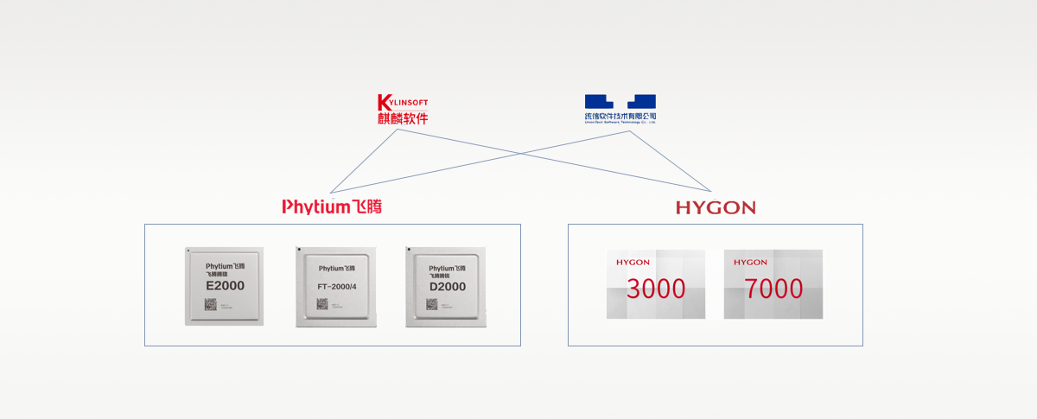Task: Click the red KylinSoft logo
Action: click(403, 103)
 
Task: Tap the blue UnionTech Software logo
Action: click(620, 102)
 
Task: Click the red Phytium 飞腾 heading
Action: click(332, 206)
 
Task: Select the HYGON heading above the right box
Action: click(716, 207)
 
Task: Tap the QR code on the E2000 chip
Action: click(211, 304)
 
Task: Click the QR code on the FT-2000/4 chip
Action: click(322, 304)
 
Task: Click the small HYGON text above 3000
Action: click(632, 262)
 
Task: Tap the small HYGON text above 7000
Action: click(750, 262)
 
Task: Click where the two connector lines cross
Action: click(519, 154)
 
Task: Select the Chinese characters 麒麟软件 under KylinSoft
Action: click(403, 118)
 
